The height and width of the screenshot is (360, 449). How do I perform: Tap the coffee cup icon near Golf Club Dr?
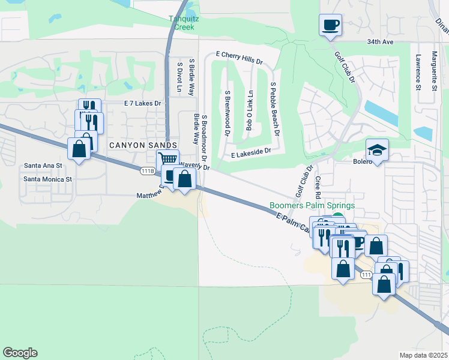pos(330,25)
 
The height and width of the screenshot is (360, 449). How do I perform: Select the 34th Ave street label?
pos(380,43)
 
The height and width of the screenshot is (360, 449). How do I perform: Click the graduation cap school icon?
pos(377,149)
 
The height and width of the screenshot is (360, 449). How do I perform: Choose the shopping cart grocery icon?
pos(168,160)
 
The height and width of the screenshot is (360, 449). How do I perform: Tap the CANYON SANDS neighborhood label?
pos(143,145)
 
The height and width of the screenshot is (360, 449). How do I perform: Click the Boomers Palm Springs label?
pos(312,205)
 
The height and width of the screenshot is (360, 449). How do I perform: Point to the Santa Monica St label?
pos(47,179)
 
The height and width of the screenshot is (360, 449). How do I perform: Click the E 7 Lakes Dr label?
pos(143,103)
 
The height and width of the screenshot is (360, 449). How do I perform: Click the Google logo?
pos(20,353)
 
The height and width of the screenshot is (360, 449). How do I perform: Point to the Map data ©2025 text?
pos(423,355)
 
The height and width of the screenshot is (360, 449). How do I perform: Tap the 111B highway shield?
pos(148,171)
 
